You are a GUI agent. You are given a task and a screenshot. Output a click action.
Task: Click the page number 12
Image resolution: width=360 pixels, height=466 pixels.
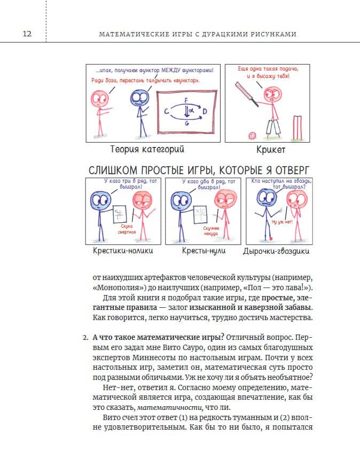[x=27, y=33]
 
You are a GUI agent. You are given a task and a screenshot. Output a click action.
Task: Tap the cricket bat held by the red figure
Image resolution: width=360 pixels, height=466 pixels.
[x=247, y=94]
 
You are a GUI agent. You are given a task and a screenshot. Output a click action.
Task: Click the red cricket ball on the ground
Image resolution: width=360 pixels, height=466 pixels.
[x=252, y=136]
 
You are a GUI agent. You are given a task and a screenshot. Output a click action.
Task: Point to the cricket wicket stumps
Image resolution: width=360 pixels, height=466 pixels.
[x=298, y=128]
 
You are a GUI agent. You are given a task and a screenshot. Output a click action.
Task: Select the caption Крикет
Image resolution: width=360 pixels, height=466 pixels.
[x=271, y=150]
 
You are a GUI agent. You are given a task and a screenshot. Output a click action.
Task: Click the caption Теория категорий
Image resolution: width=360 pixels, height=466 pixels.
[x=147, y=149]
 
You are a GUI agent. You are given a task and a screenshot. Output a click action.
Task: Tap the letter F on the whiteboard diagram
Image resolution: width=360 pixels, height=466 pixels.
[x=186, y=100]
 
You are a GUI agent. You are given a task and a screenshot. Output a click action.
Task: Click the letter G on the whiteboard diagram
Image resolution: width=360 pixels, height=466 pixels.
[x=187, y=122]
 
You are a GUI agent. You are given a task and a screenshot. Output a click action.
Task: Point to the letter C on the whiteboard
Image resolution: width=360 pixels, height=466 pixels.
[x=167, y=112]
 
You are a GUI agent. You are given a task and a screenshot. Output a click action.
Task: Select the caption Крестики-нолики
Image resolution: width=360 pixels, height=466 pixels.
[x=123, y=251]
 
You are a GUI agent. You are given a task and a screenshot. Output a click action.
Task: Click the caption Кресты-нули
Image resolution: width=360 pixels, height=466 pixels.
[x=204, y=251]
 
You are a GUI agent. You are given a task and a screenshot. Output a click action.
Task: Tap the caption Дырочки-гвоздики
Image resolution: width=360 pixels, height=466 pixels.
[x=276, y=251]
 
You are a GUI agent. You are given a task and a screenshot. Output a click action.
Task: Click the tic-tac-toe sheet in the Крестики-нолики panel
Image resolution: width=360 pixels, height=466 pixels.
[x=120, y=214]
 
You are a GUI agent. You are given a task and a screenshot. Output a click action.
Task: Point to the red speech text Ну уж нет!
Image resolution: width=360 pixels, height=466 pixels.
[x=282, y=222]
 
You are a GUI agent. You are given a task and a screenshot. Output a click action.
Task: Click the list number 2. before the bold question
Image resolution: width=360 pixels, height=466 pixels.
[x=85, y=338]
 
